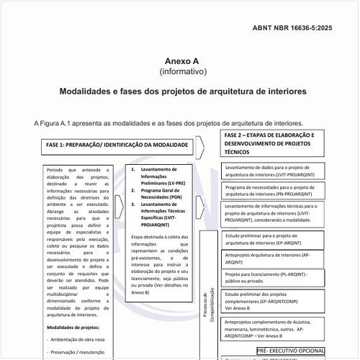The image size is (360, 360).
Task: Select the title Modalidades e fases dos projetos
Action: (183, 92)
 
